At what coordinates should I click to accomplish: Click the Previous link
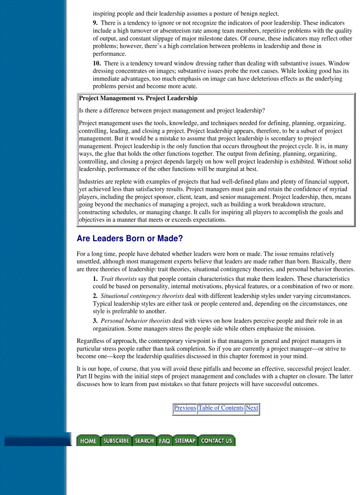[x=185, y=408]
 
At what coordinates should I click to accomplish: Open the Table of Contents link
[x=221, y=408]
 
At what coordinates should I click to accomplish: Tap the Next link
[x=252, y=408]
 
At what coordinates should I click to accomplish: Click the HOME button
[x=88, y=441]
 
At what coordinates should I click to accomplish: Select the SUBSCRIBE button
[x=116, y=441]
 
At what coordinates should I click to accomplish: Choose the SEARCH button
[x=144, y=441]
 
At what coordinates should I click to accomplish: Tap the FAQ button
[x=164, y=441]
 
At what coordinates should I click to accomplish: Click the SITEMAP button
[x=184, y=441]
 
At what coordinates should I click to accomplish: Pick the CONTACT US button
[x=216, y=441]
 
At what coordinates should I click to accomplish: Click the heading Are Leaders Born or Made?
[x=130, y=239]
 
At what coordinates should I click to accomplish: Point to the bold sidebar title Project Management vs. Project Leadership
[x=138, y=98]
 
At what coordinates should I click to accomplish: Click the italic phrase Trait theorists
[x=119, y=279]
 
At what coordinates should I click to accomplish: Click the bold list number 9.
[x=95, y=23]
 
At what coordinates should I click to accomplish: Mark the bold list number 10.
[x=97, y=63]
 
